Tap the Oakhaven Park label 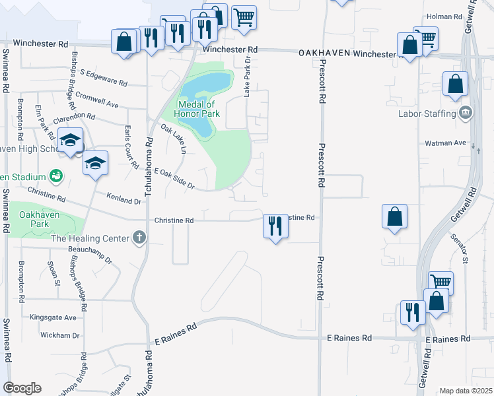[34, 219]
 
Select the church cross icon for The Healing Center [139, 238]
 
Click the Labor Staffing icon [466, 114]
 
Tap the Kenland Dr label [125, 198]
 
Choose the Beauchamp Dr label [90, 254]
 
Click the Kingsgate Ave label [53, 317]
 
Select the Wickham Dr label [59, 335]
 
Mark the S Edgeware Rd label [103, 77]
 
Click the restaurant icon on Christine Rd [275, 226]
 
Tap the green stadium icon [56, 176]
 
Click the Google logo [22, 388]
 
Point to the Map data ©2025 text [466, 391]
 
